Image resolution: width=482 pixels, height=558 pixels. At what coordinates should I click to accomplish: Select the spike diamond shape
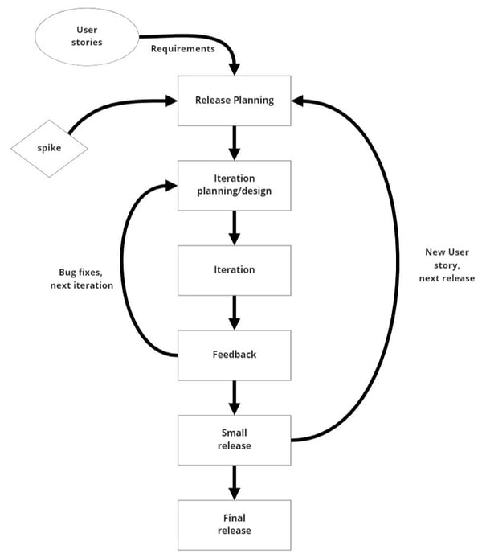pyautogui.click(x=50, y=149)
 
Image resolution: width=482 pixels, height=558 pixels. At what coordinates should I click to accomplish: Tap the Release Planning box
pyautogui.click(x=235, y=101)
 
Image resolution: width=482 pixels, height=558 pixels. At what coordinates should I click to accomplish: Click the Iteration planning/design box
pyautogui.click(x=235, y=185)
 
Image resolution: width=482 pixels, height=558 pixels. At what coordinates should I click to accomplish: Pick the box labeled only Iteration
pyautogui.click(x=235, y=269)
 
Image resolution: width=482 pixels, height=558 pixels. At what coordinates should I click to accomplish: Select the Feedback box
pyautogui.click(x=235, y=354)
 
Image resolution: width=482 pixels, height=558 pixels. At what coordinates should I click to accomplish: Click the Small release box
pyautogui.click(x=235, y=439)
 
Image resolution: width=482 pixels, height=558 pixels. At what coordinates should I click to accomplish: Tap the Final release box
pyautogui.click(x=235, y=524)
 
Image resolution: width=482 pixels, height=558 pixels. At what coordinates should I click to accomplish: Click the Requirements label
pyautogui.click(x=183, y=48)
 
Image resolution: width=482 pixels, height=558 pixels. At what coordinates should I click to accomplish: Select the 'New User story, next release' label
pyautogui.click(x=447, y=265)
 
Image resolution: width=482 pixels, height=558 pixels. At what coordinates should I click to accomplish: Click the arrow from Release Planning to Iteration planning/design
pyautogui.click(x=235, y=142)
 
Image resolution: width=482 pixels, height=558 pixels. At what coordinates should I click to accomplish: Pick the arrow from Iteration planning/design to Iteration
pyautogui.click(x=235, y=227)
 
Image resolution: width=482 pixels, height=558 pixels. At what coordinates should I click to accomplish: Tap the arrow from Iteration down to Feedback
pyautogui.click(x=235, y=311)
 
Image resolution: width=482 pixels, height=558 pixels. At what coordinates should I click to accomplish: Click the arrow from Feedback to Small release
pyautogui.click(x=235, y=396)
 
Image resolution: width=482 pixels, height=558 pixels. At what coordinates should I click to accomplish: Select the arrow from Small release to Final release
pyautogui.click(x=235, y=482)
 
